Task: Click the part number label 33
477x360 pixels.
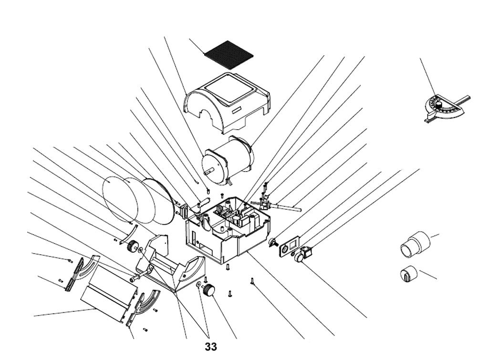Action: pyautogui.click(x=211, y=347)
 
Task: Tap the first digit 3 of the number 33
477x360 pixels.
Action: pyautogui.click(x=208, y=347)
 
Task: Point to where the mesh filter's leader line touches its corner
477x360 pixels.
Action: pyautogui.click(x=204, y=54)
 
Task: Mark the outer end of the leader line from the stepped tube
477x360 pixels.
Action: pyautogui.click(x=439, y=235)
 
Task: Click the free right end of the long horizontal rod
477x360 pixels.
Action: pyautogui.click(x=301, y=209)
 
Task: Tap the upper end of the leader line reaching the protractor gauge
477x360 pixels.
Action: pyautogui.click(x=420, y=58)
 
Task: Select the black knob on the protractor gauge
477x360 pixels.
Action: pyautogui.click(x=439, y=104)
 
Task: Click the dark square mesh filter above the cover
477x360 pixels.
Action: pyautogui.click(x=229, y=55)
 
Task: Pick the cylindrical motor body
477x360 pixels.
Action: pyautogui.click(x=228, y=160)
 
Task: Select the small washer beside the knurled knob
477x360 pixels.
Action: pyautogui.click(x=198, y=285)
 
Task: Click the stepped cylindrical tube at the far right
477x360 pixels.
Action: pyautogui.click(x=415, y=244)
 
